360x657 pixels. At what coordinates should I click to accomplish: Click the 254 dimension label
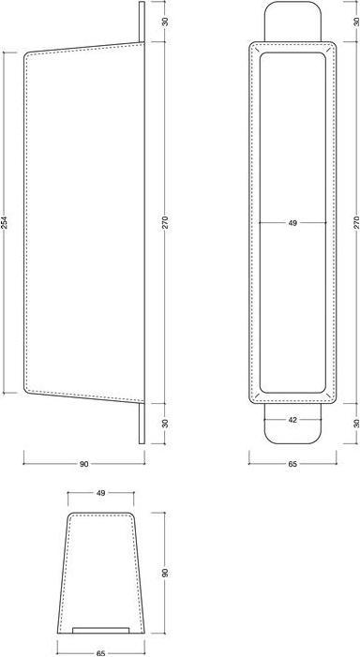tap(4, 222)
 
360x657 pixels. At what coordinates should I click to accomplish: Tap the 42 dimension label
tap(292, 420)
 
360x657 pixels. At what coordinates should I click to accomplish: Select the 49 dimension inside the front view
tap(292, 223)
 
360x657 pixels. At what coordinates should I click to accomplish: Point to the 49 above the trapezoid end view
tap(100, 493)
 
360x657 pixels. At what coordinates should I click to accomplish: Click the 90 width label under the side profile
tap(83, 464)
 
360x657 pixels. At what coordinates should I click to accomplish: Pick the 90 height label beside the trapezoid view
tap(165, 573)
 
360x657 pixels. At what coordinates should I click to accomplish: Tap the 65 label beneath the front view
tap(292, 464)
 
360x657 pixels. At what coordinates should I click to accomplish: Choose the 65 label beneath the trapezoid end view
tap(100, 653)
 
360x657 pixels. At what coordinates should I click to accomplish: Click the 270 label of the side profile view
tap(165, 222)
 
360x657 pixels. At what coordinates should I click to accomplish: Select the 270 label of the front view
tap(356, 222)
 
